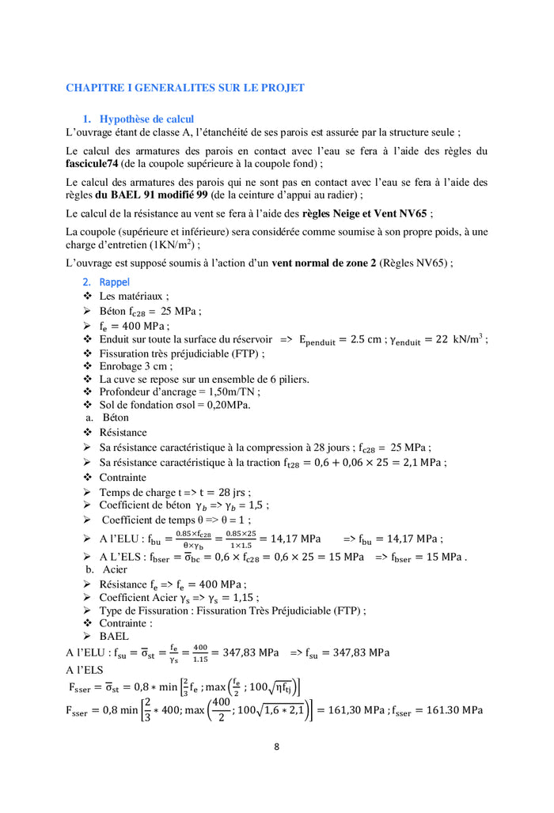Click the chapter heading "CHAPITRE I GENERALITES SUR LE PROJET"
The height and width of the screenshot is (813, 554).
pyautogui.click(x=184, y=88)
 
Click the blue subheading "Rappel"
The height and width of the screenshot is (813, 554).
pyautogui.click(x=115, y=282)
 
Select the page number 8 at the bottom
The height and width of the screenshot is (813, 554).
pyautogui.click(x=276, y=746)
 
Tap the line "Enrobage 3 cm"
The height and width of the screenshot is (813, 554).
pyautogui.click(x=135, y=366)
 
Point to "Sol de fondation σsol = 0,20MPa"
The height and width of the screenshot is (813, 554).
pyautogui.click(x=174, y=405)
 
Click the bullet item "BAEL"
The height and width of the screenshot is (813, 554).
pyautogui.click(x=114, y=636)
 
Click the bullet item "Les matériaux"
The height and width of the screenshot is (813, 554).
pyautogui.click(x=134, y=296)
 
